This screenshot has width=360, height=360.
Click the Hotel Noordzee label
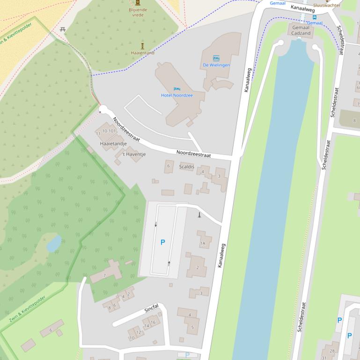tap(176, 95)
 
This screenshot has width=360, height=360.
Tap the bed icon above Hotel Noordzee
tap(176, 89)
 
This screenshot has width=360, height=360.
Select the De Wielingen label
tap(216, 65)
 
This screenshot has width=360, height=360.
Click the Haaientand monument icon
tap(142, 46)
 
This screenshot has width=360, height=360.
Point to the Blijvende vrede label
tap(138, 12)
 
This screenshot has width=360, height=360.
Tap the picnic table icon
tap(62, 30)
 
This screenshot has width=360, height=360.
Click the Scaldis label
tap(186, 166)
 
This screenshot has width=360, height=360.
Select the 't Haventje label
tap(134, 154)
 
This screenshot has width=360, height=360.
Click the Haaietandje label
tap(113, 144)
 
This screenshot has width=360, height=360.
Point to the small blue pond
tap(54, 243)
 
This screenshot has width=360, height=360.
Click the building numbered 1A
tap(203, 243)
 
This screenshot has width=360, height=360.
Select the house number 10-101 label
tap(109, 131)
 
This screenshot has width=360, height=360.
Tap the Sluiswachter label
tap(327, 5)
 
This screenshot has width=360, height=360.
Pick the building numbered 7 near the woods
tap(105, 275)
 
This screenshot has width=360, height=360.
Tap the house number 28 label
tap(332, 351)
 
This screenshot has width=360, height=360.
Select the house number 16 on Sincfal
tap(153, 322)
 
